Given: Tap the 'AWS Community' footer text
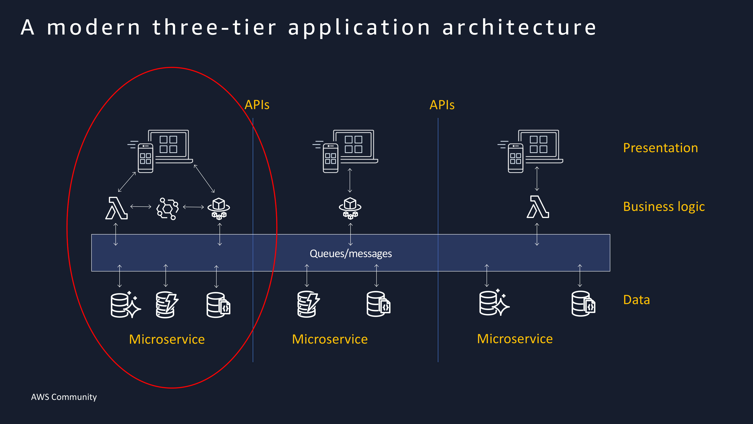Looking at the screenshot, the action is coord(64,397).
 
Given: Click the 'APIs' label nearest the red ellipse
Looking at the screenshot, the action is coord(257,105).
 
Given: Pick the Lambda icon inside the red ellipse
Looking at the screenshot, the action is coord(116,208).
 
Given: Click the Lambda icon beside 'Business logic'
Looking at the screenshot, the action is coord(538,207).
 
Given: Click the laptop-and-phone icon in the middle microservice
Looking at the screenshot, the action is coord(345,151).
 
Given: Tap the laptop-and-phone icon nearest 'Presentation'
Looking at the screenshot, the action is coord(530,151).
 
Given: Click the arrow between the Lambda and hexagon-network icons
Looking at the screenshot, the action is coord(141,207).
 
